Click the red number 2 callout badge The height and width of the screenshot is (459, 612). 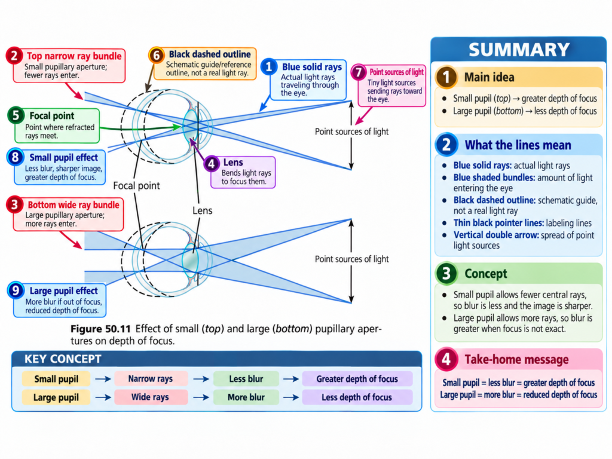(x=14, y=56)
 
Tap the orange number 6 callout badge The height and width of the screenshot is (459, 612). (x=157, y=55)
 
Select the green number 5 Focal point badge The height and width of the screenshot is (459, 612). (x=16, y=115)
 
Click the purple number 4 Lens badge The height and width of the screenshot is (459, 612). (x=212, y=164)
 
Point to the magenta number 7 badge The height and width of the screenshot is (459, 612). (x=359, y=72)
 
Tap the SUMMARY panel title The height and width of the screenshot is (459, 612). (x=519, y=50)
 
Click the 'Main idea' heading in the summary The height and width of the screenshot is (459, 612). (x=489, y=77)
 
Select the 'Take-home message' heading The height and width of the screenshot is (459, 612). (x=516, y=359)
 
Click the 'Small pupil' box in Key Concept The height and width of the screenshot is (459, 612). (x=56, y=379)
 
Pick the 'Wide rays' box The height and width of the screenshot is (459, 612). (x=150, y=397)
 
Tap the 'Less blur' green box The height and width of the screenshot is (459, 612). (x=246, y=379)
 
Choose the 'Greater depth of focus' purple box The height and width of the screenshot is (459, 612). (x=357, y=379)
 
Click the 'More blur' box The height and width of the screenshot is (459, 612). (x=246, y=397)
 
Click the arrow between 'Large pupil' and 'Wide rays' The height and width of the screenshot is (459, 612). (x=103, y=397)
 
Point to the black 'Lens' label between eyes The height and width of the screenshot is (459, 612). (x=202, y=211)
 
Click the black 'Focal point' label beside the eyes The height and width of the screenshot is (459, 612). (x=137, y=186)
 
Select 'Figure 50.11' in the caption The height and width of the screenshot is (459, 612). (x=100, y=329)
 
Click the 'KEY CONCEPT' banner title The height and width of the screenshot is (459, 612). (x=63, y=359)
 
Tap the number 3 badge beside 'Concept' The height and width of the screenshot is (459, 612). (x=446, y=274)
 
